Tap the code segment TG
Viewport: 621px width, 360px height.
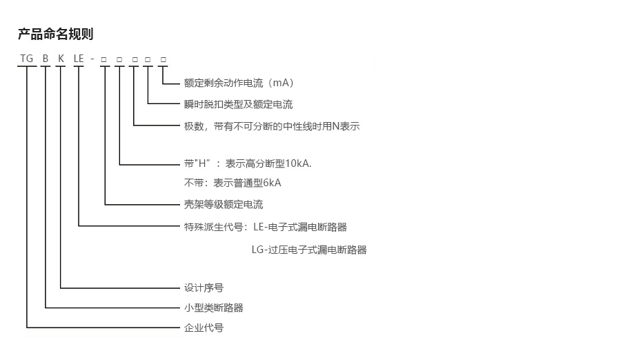click(x=27, y=59)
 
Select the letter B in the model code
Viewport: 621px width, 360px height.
click(x=46, y=59)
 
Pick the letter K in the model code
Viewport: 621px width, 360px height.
click(x=61, y=59)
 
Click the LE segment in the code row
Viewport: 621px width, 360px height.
click(x=79, y=59)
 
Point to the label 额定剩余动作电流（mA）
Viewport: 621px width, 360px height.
click(x=239, y=83)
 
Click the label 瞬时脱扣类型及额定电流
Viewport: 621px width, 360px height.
click(x=239, y=105)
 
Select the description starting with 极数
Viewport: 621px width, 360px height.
click(x=272, y=127)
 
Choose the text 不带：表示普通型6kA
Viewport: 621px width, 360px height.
click(x=233, y=183)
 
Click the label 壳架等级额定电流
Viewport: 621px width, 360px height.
click(x=224, y=205)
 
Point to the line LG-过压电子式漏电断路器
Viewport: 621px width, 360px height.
click(x=309, y=250)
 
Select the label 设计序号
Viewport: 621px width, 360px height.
click(x=204, y=288)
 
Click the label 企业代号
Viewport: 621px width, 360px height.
click(x=204, y=328)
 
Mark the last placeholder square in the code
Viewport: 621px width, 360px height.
click(x=164, y=59)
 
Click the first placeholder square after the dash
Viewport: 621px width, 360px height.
click(x=103, y=59)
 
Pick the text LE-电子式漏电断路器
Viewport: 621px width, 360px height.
click(x=300, y=226)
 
